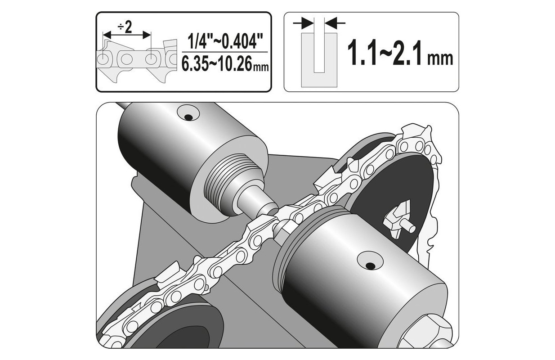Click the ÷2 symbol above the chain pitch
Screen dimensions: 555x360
(125, 27)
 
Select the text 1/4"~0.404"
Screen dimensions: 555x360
(225, 42)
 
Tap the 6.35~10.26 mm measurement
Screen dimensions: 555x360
(225, 64)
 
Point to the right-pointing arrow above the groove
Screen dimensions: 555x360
(303, 23)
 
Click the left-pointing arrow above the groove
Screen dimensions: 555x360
(335, 23)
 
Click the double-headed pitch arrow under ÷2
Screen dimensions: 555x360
(127, 35)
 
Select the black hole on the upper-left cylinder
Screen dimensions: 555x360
(188, 117)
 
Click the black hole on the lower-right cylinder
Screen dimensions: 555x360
(371, 266)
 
